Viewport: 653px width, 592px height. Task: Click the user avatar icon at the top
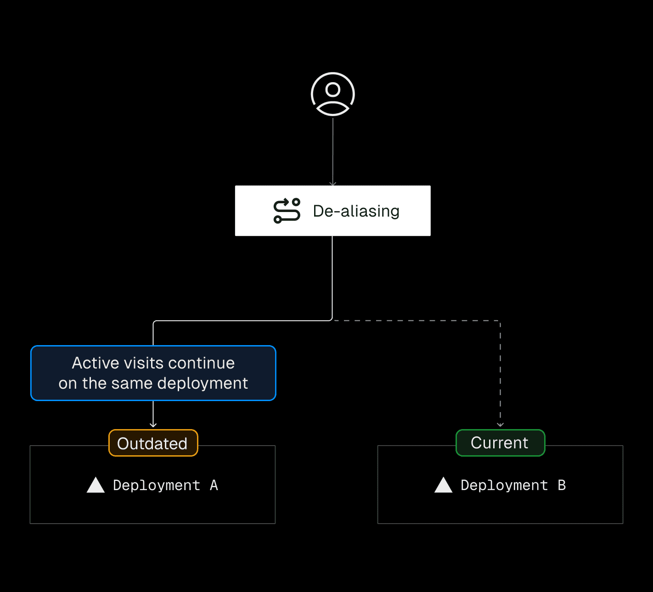[x=333, y=94]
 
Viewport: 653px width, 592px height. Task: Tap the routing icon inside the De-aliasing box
[x=287, y=211]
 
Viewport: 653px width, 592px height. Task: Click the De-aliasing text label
[x=356, y=211]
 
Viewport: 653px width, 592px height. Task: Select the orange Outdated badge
[x=153, y=443]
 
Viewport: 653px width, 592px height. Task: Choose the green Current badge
[x=500, y=443]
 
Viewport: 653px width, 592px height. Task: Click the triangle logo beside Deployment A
[x=96, y=485]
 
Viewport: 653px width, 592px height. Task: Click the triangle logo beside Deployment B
[x=443, y=485]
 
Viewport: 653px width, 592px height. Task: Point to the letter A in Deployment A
[x=214, y=485]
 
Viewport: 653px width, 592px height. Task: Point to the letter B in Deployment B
[x=562, y=485]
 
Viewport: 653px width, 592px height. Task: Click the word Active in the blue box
[x=95, y=363]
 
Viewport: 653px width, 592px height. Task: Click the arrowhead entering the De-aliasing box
[x=333, y=184]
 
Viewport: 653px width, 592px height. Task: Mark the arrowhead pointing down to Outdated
[x=153, y=425]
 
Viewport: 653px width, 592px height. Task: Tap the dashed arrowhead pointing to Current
[x=501, y=424]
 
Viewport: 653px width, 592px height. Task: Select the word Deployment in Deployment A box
[x=157, y=485]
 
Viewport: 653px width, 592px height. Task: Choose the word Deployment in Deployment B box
[x=504, y=485]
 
